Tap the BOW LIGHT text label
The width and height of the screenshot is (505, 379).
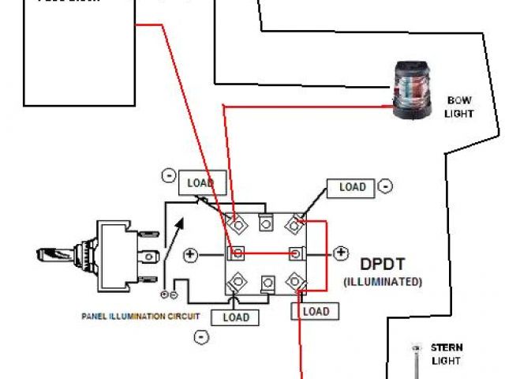459,107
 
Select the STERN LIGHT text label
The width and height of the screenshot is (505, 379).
447,354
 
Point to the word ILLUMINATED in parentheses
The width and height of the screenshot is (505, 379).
383,281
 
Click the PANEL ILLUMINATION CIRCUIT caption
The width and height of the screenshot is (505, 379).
140,316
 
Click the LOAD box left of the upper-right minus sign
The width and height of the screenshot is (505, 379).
352,187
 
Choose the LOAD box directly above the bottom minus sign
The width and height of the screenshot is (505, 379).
236,317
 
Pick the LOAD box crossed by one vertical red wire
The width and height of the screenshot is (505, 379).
310,311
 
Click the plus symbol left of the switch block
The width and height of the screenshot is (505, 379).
190,254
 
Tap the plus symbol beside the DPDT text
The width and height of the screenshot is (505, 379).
341,253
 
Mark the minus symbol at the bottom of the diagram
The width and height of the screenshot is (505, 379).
201,336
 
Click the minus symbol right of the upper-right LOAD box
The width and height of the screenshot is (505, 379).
384,186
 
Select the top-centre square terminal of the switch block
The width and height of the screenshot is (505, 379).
267,223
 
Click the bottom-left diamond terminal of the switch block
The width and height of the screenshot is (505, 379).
234,281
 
